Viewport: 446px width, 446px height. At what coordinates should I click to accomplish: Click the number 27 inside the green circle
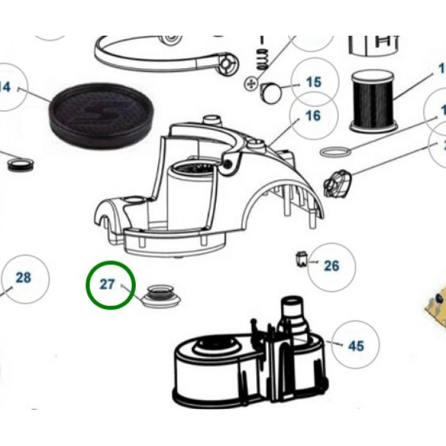(x=107, y=284)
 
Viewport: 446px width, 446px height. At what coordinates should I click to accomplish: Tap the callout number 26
(x=331, y=266)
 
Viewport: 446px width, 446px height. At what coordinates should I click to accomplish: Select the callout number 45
(x=356, y=346)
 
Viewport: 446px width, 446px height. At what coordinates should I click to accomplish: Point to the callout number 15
(x=313, y=82)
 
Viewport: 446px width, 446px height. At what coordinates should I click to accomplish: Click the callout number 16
(x=313, y=116)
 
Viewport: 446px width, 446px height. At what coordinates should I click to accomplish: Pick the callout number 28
(x=23, y=278)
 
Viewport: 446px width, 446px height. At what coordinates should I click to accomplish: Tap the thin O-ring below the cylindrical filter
(x=335, y=152)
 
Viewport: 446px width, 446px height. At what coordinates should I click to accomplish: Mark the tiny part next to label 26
(x=303, y=259)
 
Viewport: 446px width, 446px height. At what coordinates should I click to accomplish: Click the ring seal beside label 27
(x=159, y=296)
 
